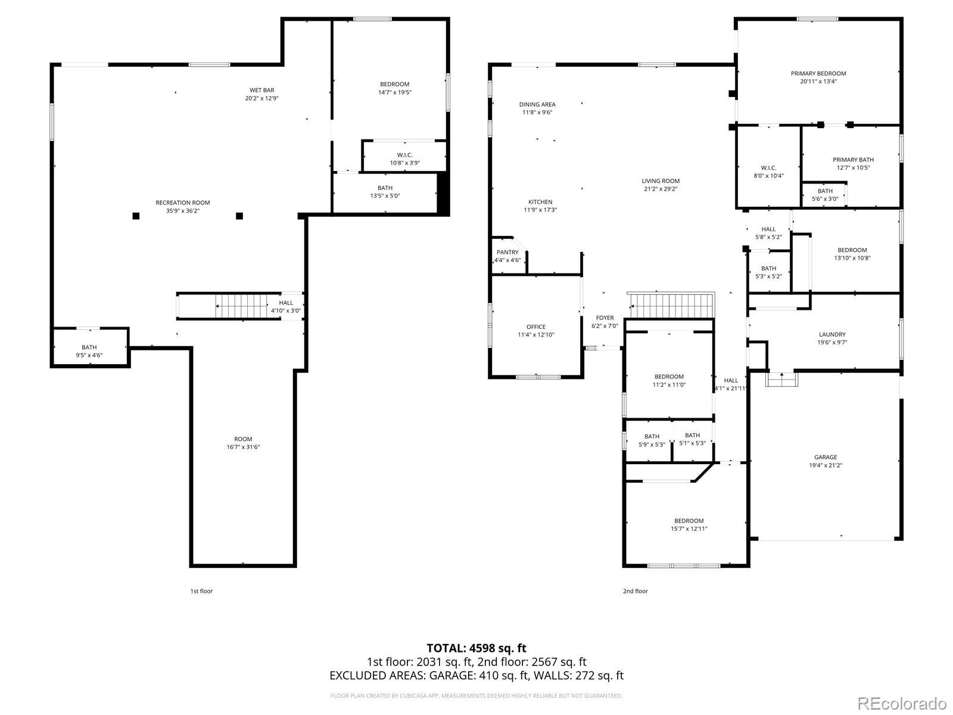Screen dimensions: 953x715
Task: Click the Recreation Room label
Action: coord(182,203)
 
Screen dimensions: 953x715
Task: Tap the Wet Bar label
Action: coord(262,91)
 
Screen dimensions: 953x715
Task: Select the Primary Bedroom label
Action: coord(818,73)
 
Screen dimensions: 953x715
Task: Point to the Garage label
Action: coord(826,457)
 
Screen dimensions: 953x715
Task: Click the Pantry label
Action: coord(507,252)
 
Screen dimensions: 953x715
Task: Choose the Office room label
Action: coord(535,327)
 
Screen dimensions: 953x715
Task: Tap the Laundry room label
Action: coord(832,334)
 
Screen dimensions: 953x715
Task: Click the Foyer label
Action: coord(605,318)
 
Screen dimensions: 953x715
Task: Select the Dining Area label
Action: coord(537,104)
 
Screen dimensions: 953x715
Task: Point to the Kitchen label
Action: coord(540,202)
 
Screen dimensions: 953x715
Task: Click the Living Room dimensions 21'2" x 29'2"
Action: coord(661,189)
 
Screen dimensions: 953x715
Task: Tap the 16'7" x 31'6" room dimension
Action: coord(242,447)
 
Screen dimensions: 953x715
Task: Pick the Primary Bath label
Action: coord(853,160)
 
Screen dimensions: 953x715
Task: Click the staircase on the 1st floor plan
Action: coord(241,306)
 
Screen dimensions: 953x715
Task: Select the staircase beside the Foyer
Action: coord(672,306)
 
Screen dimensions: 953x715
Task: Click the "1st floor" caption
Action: coord(201,591)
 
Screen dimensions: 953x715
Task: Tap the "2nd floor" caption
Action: coord(635,591)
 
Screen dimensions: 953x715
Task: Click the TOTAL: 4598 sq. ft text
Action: coord(476,648)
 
